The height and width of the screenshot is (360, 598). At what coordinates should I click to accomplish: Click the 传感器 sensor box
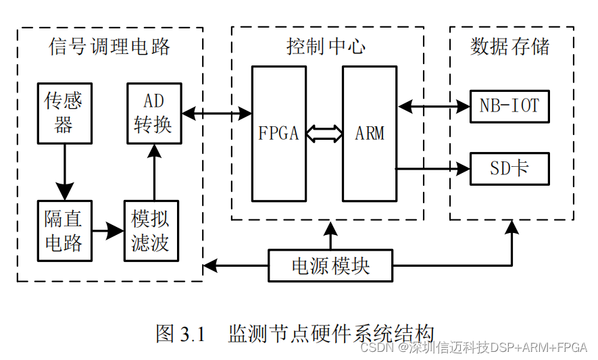tap(64, 113)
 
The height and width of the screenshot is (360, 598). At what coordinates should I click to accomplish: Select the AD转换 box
tap(154, 113)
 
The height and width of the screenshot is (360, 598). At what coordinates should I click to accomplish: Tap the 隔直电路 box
tap(64, 231)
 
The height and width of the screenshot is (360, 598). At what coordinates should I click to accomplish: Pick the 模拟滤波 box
tap(151, 231)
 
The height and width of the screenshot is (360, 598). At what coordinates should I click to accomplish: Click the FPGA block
tap(278, 133)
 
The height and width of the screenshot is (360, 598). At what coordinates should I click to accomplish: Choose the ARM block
tap(369, 133)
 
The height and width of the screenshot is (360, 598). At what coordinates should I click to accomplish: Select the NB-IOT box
tap(509, 106)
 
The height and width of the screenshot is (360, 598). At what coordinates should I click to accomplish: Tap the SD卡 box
tap(509, 169)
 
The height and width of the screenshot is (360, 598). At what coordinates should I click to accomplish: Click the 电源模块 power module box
tap(330, 265)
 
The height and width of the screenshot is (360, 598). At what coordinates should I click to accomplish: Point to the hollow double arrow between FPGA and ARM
tap(324, 133)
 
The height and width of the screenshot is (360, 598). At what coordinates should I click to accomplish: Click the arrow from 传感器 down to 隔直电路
tap(64, 172)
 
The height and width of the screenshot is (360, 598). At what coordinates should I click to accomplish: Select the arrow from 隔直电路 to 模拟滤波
tap(107, 231)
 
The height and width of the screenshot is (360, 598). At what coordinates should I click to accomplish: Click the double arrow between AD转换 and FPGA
tap(217, 113)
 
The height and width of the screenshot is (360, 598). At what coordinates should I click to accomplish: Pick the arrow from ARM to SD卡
tap(432, 169)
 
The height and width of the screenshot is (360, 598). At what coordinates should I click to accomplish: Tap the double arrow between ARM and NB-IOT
tap(432, 106)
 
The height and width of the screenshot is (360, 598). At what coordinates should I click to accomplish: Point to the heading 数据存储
tap(510, 46)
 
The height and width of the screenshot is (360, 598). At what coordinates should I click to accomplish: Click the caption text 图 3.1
tap(180, 333)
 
